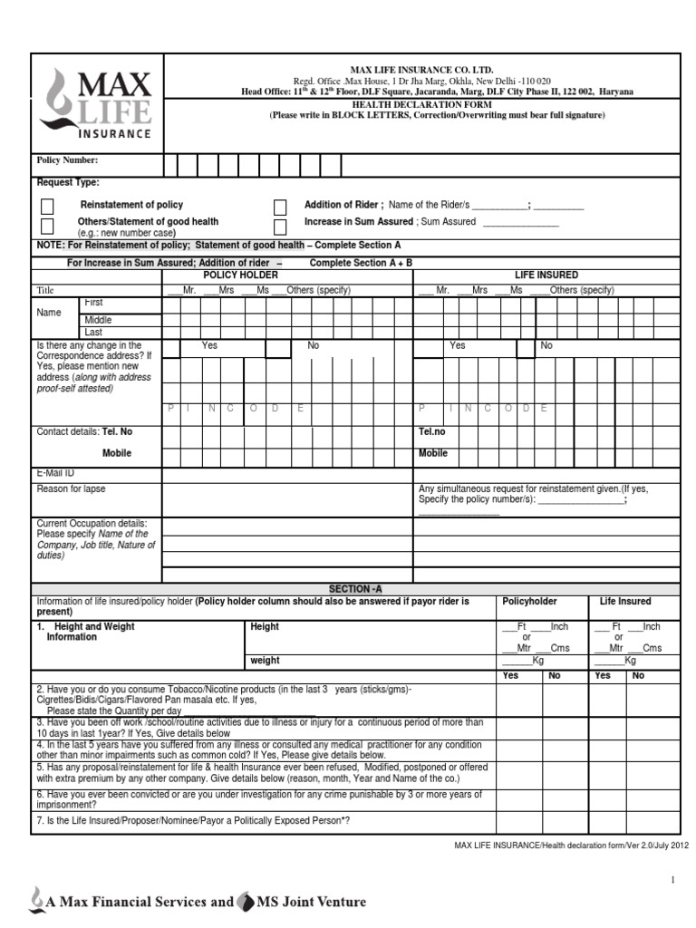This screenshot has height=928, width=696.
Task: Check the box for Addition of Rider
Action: coord(280,207)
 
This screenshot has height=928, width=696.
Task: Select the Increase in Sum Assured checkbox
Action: coord(280,226)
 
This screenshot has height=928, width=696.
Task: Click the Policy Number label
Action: coord(67,160)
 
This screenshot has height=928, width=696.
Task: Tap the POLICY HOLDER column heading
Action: coord(240,275)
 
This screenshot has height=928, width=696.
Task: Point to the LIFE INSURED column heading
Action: coord(546,275)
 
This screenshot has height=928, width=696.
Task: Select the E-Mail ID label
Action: coord(55,473)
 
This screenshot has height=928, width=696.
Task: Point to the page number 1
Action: coord(673,880)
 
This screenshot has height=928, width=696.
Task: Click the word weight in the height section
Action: coord(265,662)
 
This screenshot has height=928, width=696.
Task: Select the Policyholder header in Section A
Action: coord(529,602)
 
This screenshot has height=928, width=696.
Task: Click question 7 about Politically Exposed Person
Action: coord(193,820)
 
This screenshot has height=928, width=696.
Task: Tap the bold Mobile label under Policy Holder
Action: coord(116,453)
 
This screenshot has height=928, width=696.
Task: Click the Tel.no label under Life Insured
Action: coord(432,432)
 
